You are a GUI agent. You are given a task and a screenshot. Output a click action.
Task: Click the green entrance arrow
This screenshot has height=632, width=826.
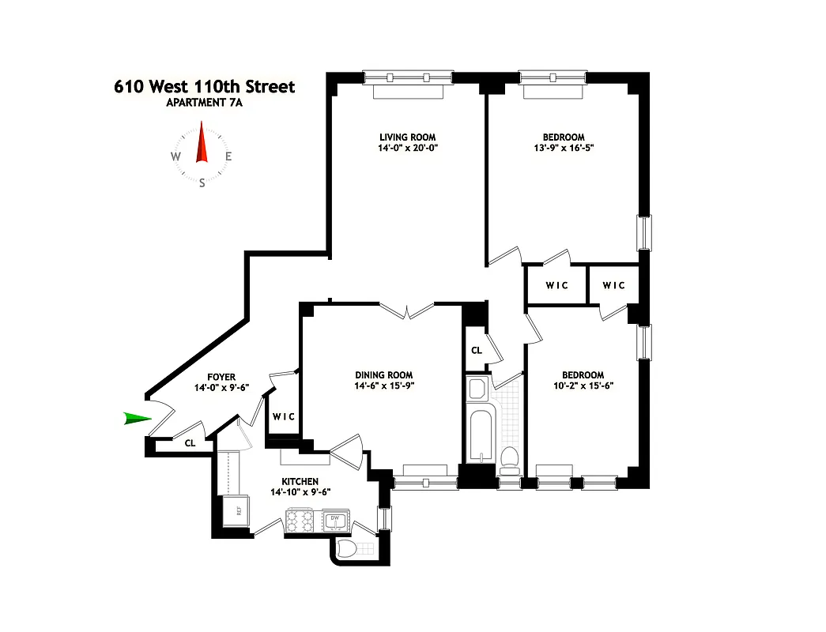pos(137,419)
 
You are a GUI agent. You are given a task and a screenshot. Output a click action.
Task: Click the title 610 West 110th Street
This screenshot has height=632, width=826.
pos(205,86)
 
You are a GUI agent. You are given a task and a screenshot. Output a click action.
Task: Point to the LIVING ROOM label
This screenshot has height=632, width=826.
pos(407,137)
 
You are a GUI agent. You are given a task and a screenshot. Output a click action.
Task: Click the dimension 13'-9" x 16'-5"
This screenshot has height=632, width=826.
pos(564,148)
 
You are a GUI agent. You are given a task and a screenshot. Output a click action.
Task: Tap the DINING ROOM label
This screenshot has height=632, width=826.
pos(384,375)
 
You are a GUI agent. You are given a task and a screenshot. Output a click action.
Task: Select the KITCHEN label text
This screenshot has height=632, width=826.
pos(300,481)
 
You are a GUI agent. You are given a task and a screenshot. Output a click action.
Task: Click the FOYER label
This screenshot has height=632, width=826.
pos(221,378)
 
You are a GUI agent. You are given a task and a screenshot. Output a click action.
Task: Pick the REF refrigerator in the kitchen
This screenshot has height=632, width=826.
pos(236,510)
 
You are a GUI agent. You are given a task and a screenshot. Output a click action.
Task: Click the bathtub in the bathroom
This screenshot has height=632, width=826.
pos(480,434)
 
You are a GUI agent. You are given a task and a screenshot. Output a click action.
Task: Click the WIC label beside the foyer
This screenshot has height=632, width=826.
pos(284,416)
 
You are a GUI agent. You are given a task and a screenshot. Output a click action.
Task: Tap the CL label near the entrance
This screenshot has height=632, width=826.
pos(190,444)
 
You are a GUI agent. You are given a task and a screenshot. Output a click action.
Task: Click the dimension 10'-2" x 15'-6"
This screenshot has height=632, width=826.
pos(583,386)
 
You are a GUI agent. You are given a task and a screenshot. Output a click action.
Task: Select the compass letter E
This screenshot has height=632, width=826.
pos(228,156)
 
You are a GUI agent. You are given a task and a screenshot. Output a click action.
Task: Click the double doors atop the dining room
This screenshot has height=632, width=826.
pos(406,310)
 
